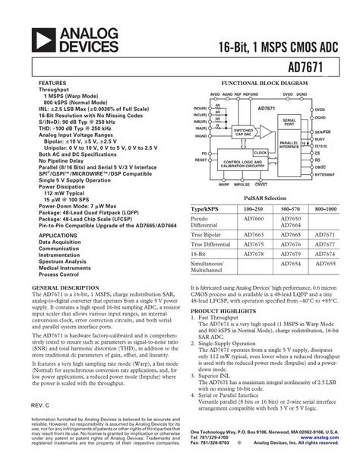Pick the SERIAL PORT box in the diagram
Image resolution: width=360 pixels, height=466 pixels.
pos(289,121)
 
